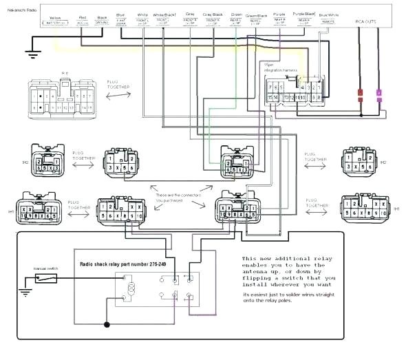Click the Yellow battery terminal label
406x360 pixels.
[56, 19]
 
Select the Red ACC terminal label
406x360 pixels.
[83, 19]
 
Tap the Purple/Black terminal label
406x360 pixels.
[303, 17]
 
